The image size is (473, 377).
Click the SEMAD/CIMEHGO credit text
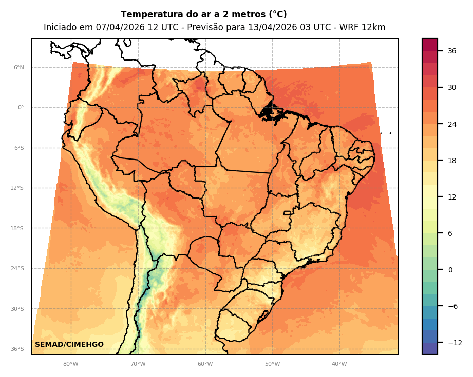tap(69, 344)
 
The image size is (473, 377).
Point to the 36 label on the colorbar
tap(452, 51)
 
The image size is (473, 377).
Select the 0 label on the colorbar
tap(450, 270)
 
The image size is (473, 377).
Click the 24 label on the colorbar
tap(452, 124)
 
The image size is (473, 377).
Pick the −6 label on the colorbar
tap(452, 306)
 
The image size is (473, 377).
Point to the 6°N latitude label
tap(18, 67)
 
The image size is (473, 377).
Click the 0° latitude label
tap(21, 108)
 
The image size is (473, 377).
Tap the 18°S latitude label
tap(17, 228)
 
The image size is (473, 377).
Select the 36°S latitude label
tap(17, 349)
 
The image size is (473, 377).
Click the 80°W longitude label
tap(70, 364)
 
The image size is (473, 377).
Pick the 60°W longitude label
tap(205, 364)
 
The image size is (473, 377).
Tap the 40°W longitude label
tap(339, 364)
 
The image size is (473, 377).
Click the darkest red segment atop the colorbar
tap(430, 45)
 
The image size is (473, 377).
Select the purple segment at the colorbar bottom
tap(430, 348)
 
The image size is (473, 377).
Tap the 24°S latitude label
tap(17, 268)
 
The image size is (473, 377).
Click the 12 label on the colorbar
tap(452, 197)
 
